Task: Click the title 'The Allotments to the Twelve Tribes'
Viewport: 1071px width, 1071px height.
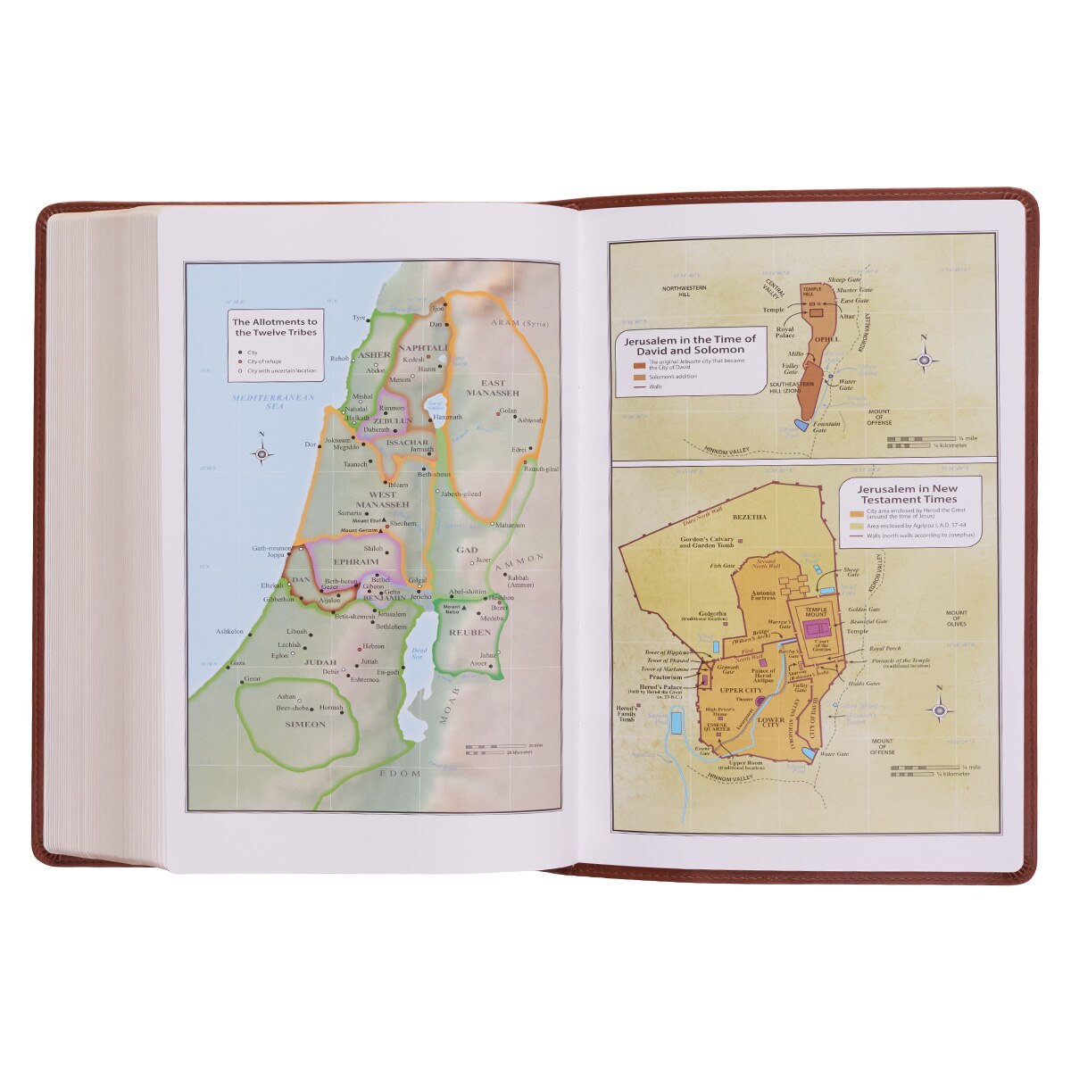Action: pos(274,327)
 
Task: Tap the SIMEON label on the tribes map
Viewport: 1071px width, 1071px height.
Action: pos(305,725)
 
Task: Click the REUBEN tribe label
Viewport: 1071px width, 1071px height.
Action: pos(469,632)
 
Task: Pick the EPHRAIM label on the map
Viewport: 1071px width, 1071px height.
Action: pos(355,562)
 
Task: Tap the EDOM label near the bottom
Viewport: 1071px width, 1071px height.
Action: pos(400,774)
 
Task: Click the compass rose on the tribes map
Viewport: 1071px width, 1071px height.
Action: pos(262,453)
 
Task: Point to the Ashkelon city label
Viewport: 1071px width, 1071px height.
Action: pos(229,631)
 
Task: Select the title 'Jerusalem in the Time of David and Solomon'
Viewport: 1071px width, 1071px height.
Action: pos(690,345)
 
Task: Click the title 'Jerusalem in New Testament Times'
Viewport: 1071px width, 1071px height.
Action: pos(907,494)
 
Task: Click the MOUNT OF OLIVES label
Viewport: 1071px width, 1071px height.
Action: pos(956,619)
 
